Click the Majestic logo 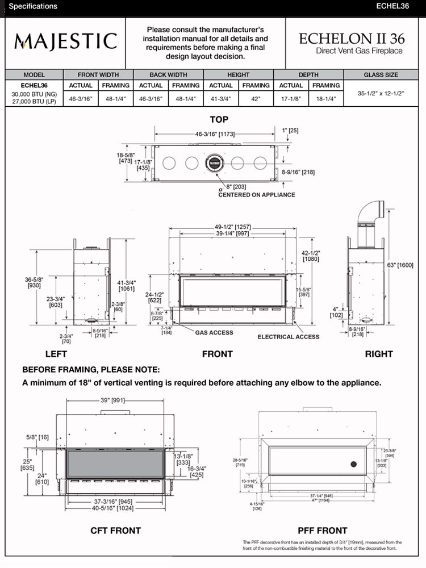click(x=66, y=41)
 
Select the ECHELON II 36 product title click(x=350, y=39)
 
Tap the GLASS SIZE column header click(x=381, y=74)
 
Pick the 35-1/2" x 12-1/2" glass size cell click(x=381, y=91)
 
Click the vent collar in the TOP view click(x=215, y=163)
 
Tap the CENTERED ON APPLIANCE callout click(x=257, y=195)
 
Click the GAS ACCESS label click(x=214, y=332)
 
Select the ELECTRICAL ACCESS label click(x=289, y=337)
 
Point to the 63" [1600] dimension click(x=401, y=265)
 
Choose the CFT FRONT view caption click(x=115, y=531)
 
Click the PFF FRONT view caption click(x=323, y=531)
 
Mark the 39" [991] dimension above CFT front click(x=112, y=400)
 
